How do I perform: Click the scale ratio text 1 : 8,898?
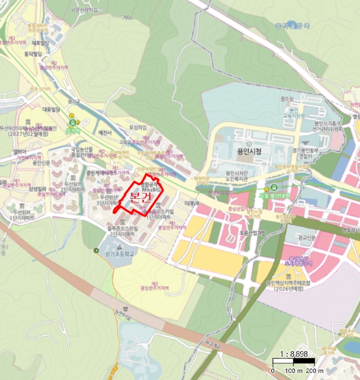pos(294,353)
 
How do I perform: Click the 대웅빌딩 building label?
pos(51,109)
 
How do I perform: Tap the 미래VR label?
pos(192,203)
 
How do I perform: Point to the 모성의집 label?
pos(137,128)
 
